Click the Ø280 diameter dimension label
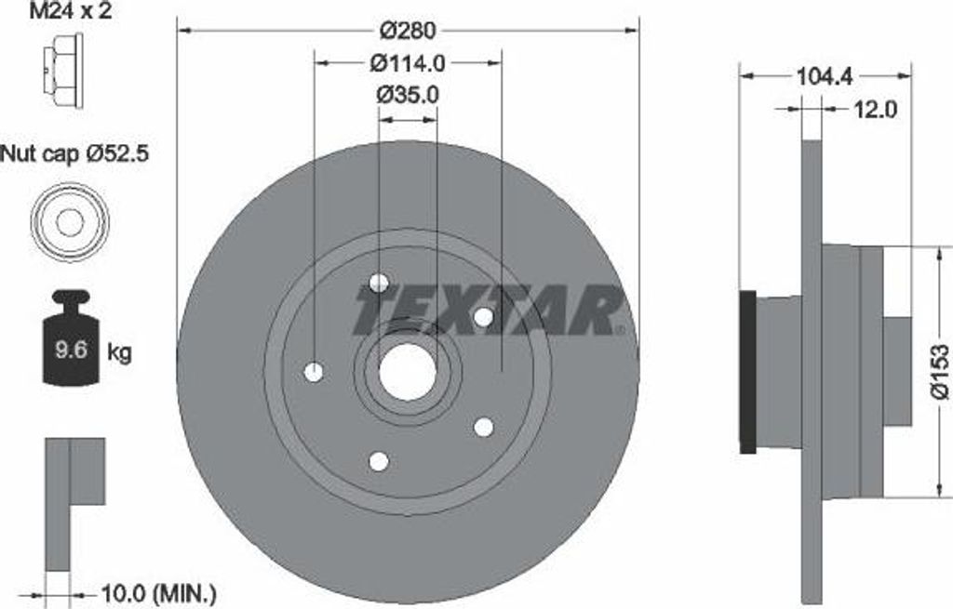click(408, 30)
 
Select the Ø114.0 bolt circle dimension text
click(408, 63)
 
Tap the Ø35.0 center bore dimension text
click(408, 94)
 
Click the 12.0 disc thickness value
click(875, 109)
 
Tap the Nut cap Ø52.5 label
click(74, 152)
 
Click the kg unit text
click(119, 351)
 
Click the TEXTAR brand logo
click(488, 310)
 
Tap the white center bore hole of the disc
click(408, 373)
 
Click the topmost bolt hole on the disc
click(379, 283)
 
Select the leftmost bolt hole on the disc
click(314, 373)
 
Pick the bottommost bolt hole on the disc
click(379, 461)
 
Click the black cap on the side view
click(747, 372)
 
